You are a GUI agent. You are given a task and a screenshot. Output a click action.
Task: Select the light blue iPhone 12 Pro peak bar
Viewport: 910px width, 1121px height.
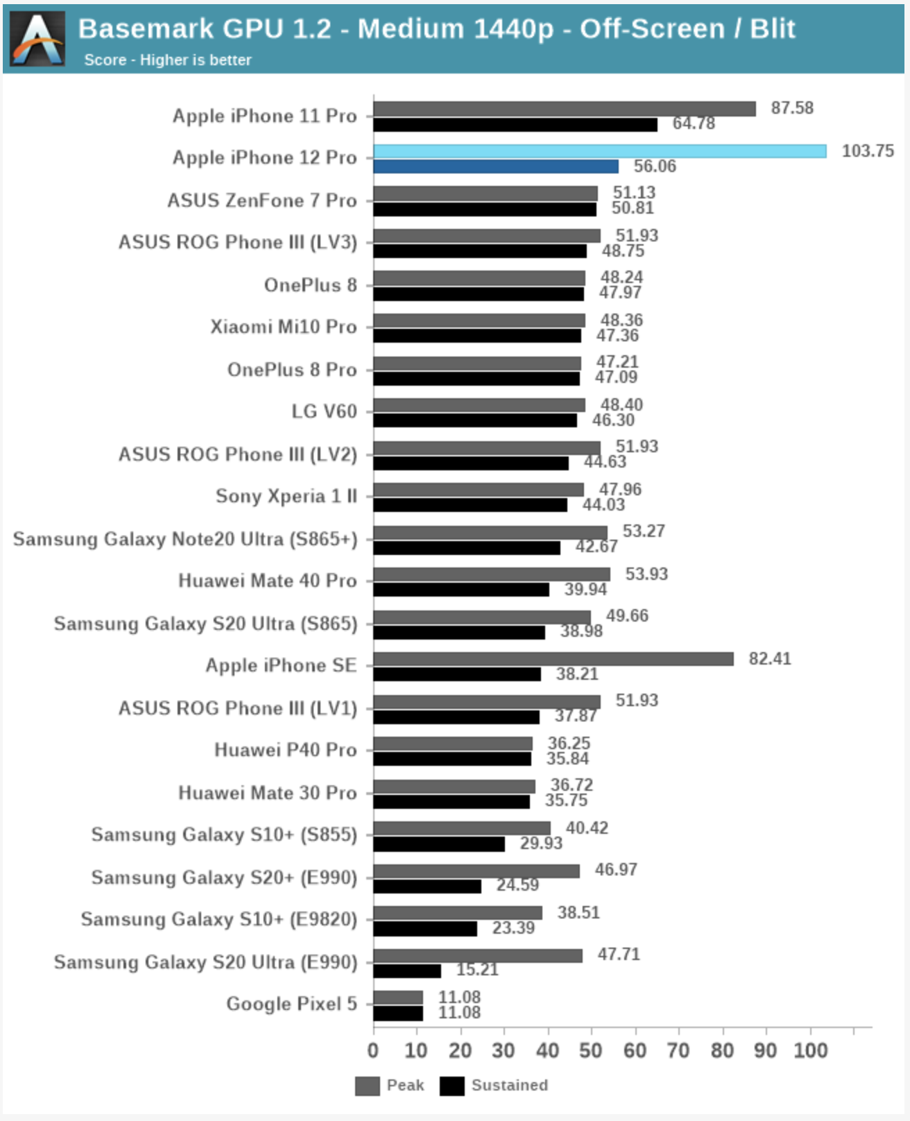599,151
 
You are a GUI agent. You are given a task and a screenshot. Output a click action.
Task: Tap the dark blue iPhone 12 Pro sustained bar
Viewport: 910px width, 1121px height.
495,166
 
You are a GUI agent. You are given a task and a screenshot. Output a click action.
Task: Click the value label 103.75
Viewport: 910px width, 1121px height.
868,151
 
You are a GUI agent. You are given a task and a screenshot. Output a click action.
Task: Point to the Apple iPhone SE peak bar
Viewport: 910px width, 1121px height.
553,659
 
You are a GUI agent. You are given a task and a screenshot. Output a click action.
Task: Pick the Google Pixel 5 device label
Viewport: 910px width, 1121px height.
291,1004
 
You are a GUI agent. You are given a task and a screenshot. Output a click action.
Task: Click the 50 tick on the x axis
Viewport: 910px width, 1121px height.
591,1050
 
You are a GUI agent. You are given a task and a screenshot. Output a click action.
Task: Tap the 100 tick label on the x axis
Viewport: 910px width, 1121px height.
810,1050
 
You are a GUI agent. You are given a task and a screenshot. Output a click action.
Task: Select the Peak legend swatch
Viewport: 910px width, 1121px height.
367,1086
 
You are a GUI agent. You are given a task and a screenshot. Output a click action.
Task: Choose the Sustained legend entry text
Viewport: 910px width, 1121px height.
509,1086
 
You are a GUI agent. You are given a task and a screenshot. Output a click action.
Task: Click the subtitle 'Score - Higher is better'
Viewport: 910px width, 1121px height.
167,60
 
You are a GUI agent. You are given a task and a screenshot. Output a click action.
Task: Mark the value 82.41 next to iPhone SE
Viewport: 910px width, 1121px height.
769,659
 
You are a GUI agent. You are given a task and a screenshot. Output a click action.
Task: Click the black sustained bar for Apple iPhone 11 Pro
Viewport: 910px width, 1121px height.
515,125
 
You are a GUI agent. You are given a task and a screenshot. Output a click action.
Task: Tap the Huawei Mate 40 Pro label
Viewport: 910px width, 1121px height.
267,581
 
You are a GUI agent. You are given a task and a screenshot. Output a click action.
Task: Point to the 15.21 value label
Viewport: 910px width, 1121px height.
477,970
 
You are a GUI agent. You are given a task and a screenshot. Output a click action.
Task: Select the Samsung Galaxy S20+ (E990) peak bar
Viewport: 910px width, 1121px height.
476,871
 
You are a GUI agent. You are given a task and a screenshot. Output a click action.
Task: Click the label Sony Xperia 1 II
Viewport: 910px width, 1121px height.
286,496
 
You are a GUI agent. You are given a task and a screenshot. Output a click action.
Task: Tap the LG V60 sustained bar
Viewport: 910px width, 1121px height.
474,420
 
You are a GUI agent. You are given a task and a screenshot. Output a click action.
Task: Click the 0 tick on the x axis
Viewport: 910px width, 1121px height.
373,1050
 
